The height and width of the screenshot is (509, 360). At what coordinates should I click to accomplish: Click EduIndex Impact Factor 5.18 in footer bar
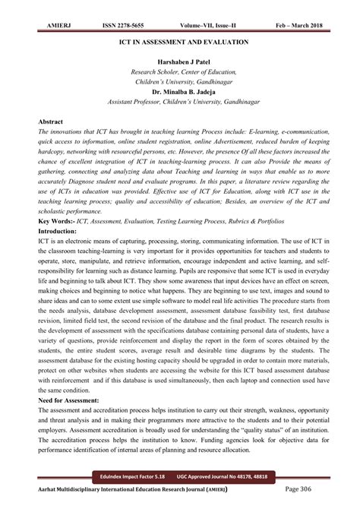click(124, 476)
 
